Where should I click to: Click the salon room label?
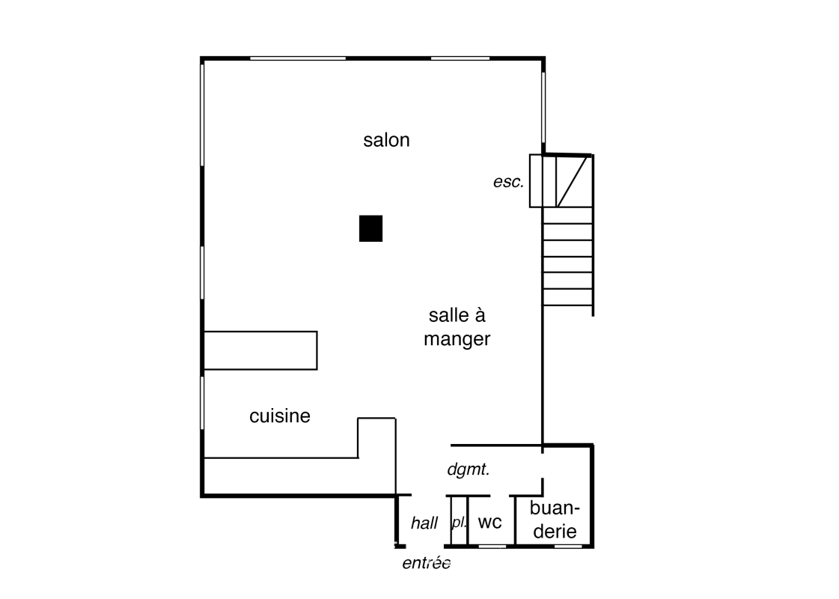pyautogui.click(x=386, y=140)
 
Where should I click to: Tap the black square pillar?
pyautogui.click(x=370, y=228)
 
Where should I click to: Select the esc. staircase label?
pyautogui.click(x=508, y=182)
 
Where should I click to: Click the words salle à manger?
pyautogui.click(x=457, y=327)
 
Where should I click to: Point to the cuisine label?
pyautogui.click(x=279, y=416)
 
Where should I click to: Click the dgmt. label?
pyautogui.click(x=468, y=470)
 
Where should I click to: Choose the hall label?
pyautogui.click(x=424, y=523)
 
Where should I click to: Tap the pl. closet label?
pyautogui.click(x=458, y=522)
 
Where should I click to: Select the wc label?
pyautogui.click(x=489, y=522)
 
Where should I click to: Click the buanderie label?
pyautogui.click(x=554, y=520)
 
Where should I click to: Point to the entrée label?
pyautogui.click(x=426, y=564)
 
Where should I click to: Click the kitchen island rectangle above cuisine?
pyautogui.click(x=260, y=350)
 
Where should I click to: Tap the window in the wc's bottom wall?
pyautogui.click(x=492, y=547)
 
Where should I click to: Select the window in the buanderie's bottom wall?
pyautogui.click(x=568, y=547)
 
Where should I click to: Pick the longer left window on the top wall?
pyautogui.click(x=297, y=58)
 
